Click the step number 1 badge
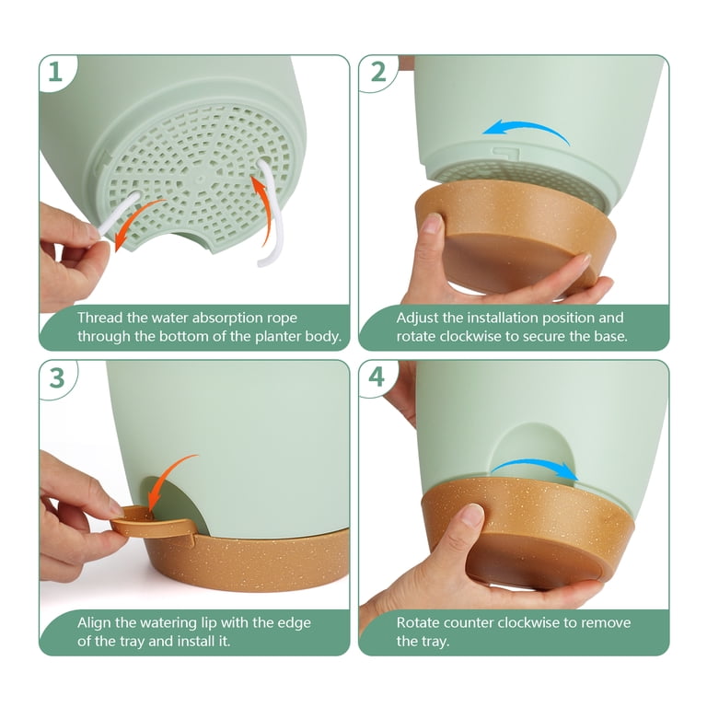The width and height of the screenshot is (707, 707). coord(55,72)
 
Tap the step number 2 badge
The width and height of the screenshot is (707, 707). coord(377,72)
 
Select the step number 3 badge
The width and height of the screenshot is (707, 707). coord(57,377)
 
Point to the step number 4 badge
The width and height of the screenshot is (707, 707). coord(377,377)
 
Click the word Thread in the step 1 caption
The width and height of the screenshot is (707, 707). coord(100,318)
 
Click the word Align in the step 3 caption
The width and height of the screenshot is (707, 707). coord(94,623)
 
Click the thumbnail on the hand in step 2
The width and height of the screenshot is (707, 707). coord(434,223)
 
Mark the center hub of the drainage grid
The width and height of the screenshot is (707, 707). coord(199,180)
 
